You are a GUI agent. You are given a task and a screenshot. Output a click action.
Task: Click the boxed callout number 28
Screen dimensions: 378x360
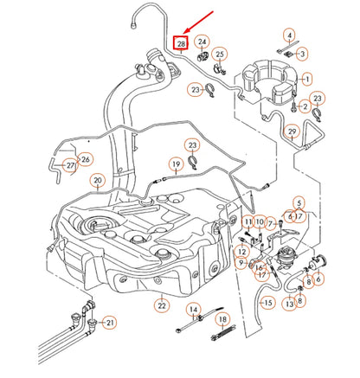coord(181,43)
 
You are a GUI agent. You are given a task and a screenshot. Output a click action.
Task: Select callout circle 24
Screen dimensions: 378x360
coord(202,41)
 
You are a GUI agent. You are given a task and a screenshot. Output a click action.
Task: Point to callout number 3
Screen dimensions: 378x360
coord(302,54)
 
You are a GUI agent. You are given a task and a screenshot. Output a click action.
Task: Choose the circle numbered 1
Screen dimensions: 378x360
coord(307,79)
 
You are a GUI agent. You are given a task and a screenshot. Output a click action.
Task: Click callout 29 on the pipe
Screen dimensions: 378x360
coord(292,131)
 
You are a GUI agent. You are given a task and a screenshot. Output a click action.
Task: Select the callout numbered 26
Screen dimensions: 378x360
coord(85,159)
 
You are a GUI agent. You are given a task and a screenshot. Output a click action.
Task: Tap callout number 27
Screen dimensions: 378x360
coord(70,164)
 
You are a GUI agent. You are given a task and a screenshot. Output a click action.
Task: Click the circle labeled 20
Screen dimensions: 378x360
coord(98,181)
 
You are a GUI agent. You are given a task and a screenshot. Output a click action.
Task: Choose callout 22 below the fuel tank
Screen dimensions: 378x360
coord(161,304)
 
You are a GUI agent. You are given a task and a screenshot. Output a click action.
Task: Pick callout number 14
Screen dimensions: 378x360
coord(193,310)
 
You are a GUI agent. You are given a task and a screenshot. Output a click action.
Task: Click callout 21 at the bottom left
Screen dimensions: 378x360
coord(109,322)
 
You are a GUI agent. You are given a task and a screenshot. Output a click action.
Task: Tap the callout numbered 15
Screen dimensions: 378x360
coord(267,303)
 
